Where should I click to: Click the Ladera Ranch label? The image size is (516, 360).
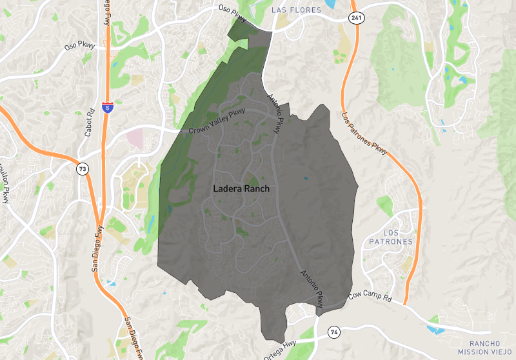pyautogui.click(x=241, y=190)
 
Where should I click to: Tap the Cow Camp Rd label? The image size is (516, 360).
pyautogui.click(x=370, y=296)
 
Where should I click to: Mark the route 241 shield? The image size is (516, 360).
pyautogui.click(x=357, y=18)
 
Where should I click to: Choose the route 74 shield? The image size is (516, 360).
pyautogui.click(x=333, y=332)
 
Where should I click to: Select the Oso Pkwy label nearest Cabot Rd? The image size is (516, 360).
pyautogui.click(x=79, y=46)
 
